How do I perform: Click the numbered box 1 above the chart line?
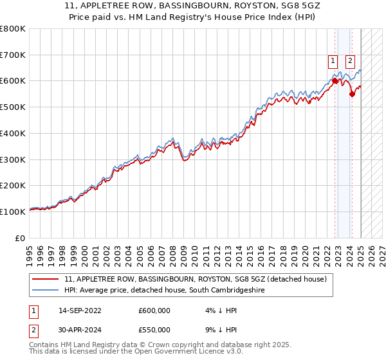point(333,62)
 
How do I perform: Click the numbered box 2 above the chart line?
point(351,62)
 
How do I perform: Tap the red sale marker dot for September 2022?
point(335,81)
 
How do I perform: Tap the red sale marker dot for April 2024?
point(353,94)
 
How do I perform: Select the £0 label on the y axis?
point(20,238)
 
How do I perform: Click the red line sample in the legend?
point(46,280)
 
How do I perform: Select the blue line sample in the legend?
point(46,291)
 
